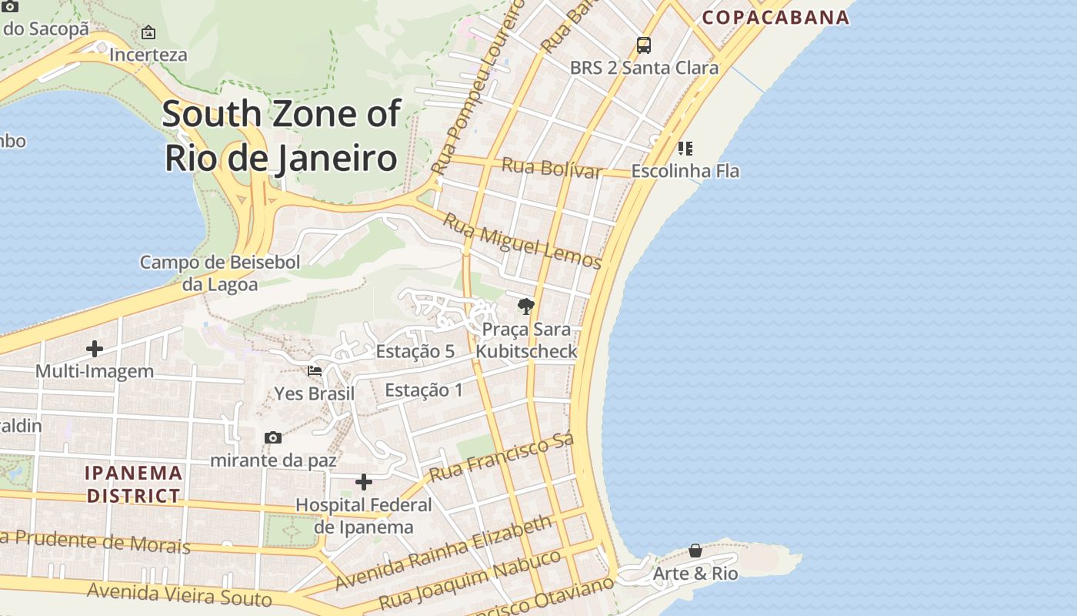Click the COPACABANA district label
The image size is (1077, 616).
click(775, 17)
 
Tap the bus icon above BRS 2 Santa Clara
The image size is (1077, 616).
click(644, 45)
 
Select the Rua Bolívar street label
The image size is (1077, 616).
click(551, 167)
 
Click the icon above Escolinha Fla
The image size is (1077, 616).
click(685, 148)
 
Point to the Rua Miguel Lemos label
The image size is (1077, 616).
click(522, 240)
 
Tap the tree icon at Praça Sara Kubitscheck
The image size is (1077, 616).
click(526, 307)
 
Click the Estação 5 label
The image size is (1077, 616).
click(415, 352)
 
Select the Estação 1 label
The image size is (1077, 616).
click(424, 390)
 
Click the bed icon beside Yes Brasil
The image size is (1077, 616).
click(315, 371)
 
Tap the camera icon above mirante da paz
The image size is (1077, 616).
click(273, 437)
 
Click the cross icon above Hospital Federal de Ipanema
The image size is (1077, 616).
click(364, 483)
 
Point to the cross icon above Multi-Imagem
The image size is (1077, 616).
click(95, 349)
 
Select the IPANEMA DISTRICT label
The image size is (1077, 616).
click(134, 484)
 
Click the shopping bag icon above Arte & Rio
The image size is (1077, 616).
click(695, 551)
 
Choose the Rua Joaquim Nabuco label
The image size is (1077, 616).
click(470, 580)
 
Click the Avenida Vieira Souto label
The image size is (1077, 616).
click(179, 594)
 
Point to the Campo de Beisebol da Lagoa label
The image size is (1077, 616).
click(220, 273)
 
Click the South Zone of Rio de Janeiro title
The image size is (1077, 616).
click(281, 136)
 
